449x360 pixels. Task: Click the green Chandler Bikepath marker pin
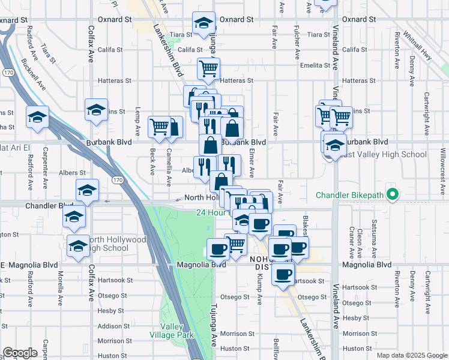click(393, 195)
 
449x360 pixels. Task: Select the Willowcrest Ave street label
click(443, 173)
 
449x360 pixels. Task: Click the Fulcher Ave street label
click(297, 40)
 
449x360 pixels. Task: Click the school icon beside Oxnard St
click(203, 24)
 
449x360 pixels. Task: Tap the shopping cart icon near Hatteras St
click(208, 69)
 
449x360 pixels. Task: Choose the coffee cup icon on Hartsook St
click(283, 275)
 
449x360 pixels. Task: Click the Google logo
click(20, 353)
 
